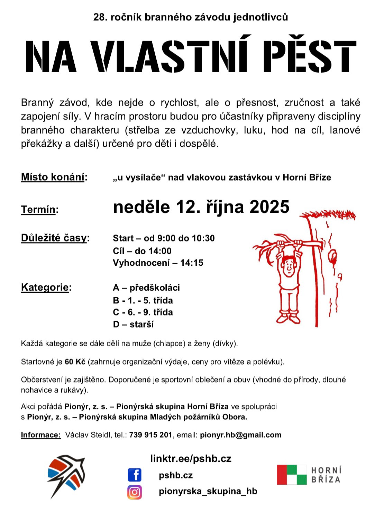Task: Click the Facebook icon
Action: (135, 475)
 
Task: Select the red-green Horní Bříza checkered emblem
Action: (292, 475)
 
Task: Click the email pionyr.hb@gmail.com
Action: (240, 435)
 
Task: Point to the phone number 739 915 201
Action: (150, 435)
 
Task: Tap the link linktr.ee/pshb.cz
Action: (191, 459)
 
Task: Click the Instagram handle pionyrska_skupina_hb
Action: (208, 491)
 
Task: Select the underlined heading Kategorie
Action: (45, 287)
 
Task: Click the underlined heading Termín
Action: (38, 209)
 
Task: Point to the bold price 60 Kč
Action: (75, 362)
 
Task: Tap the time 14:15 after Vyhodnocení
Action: (192, 263)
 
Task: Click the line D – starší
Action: (133, 324)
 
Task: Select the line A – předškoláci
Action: (146, 288)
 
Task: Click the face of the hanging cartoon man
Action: (288, 266)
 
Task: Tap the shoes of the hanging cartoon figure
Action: (288, 318)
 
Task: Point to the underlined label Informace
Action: (40, 435)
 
